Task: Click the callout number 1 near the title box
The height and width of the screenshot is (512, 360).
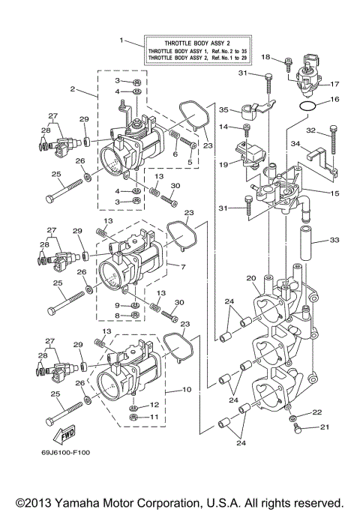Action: coord(120,38)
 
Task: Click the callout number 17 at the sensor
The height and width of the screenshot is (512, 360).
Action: coord(334,85)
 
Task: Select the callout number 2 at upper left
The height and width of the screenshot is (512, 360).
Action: coord(73,89)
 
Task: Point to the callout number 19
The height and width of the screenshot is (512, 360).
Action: coord(223,163)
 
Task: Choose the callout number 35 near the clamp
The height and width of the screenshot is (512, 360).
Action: coord(223,109)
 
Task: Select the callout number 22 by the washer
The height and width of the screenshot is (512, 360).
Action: coord(316,412)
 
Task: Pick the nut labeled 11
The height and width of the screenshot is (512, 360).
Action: coord(133,416)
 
